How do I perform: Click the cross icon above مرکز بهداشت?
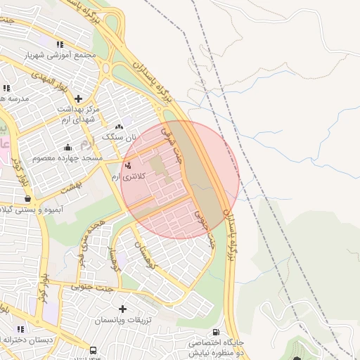click(78, 98)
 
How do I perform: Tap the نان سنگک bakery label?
click(118, 137)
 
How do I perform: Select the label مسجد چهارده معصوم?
click(67, 159)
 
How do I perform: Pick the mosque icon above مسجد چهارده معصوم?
click(67, 148)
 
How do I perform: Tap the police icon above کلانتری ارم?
click(127, 165)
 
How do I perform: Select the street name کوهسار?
click(112, 261)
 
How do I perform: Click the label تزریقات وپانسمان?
click(123, 321)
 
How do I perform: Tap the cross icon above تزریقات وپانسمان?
click(123, 309)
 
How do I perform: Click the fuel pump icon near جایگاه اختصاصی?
click(215, 332)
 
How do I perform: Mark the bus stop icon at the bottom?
click(93, 349)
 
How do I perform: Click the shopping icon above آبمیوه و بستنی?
click(27, 199)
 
